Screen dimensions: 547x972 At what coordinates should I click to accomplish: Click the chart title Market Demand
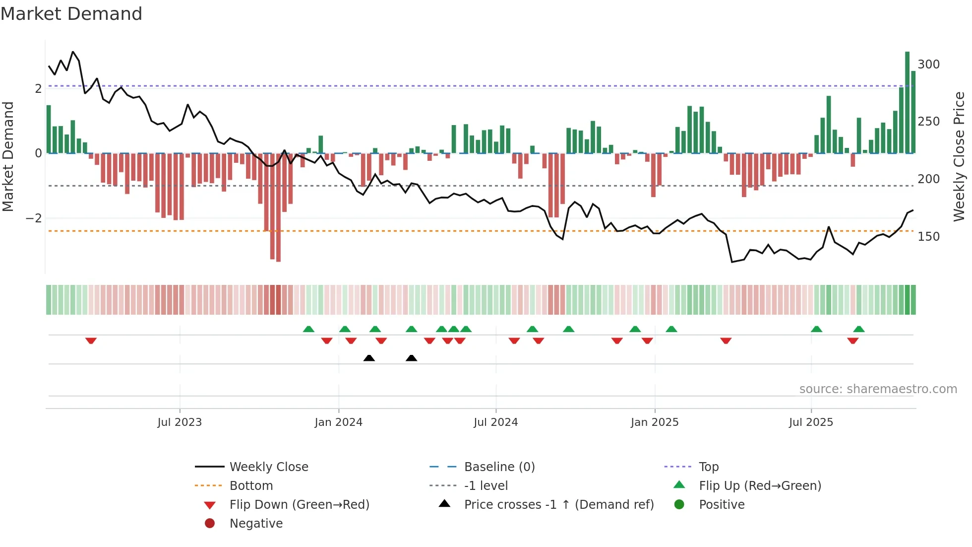71,14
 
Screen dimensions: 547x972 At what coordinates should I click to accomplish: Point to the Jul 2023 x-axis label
180,422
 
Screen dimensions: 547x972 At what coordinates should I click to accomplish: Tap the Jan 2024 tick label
338,422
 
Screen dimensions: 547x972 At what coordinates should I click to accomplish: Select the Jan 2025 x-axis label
654,422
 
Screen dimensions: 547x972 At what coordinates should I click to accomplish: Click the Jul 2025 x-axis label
811,422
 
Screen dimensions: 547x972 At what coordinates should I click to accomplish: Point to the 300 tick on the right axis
928,65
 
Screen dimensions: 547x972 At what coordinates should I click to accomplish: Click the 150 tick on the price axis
928,237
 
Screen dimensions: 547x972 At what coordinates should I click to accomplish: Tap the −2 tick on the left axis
34,218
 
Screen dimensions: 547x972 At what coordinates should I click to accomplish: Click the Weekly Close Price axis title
959,156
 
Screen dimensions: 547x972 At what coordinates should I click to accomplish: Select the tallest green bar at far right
907,102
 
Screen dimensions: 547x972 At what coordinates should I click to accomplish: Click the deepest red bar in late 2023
278,207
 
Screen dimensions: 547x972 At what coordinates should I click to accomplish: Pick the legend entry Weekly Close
268,467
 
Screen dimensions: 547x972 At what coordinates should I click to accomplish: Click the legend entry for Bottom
251,486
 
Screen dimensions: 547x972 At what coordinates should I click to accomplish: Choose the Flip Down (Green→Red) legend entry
299,505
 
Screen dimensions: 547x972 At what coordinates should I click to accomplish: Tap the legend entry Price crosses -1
558,505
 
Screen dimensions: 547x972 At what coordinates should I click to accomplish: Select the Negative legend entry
256,524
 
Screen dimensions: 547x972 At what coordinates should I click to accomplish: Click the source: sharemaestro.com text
878,389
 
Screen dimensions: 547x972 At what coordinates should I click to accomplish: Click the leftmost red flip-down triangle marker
91,341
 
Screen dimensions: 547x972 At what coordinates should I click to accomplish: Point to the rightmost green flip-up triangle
859,329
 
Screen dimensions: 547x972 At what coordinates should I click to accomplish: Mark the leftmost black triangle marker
369,358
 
